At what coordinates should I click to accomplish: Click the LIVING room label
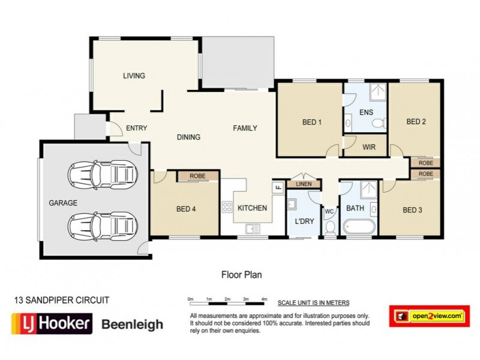pos(134,76)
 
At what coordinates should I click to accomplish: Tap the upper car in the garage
pos(100,175)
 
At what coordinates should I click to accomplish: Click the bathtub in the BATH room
pos(358,227)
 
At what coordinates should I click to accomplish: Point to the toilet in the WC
pos(329,227)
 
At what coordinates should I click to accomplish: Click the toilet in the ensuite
pos(378,124)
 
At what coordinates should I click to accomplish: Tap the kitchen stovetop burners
pos(227,208)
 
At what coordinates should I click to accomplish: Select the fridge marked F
pos(278,187)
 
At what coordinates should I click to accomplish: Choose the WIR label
pos(369,146)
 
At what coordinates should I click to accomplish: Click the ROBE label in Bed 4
pos(197,176)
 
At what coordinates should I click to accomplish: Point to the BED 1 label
pos(311,122)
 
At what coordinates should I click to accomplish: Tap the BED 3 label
pos(413,210)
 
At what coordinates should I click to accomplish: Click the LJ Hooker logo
pos(52,324)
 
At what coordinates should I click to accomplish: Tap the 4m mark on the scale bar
pos(265,298)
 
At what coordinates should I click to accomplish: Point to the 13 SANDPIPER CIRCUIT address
pos(61,298)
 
